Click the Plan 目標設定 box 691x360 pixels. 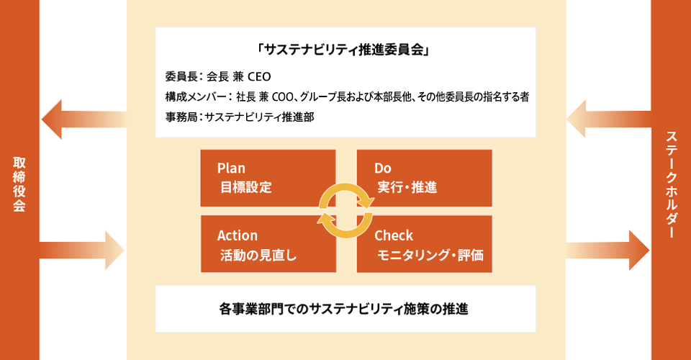click(x=268, y=178)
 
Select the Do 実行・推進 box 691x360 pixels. click(x=425, y=178)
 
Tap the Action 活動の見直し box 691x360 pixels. click(x=268, y=243)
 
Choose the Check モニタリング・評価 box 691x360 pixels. click(x=425, y=243)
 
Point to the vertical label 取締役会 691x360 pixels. click(x=19, y=184)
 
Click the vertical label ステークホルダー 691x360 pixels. click(x=671, y=184)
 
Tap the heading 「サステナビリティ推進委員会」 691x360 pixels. click(x=345, y=50)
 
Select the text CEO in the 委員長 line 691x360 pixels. click(x=259, y=76)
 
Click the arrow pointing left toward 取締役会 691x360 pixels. click(x=84, y=120)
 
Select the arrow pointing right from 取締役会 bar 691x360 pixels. click(x=82, y=251)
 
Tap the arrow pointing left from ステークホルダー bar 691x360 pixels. click(x=609, y=119)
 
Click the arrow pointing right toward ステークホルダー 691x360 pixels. click(x=608, y=251)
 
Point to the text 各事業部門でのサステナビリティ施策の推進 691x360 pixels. click(x=344, y=309)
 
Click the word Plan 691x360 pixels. click(x=231, y=168)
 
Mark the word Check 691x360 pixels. click(x=394, y=235)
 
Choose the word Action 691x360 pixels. click(x=237, y=235)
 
